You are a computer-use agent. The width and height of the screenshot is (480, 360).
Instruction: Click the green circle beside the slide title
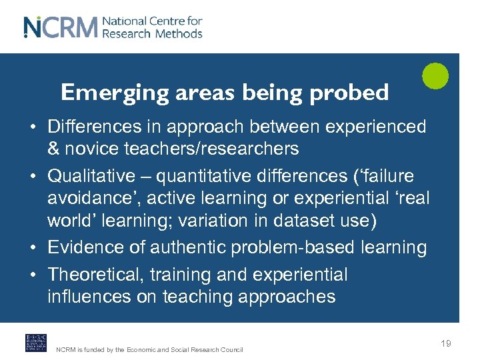pyautogui.click(x=435, y=75)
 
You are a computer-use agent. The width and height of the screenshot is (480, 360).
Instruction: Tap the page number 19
pyautogui.click(x=445, y=343)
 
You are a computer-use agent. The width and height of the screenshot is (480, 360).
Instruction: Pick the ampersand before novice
pyautogui.click(x=54, y=148)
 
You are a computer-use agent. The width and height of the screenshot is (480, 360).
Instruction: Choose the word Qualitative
pyautogui.click(x=91, y=176)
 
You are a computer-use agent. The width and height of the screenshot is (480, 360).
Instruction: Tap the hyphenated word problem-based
pyautogui.click(x=293, y=247)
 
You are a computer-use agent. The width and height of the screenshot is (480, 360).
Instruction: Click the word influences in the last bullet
pyautogui.click(x=89, y=297)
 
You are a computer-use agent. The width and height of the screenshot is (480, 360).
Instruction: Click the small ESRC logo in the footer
pyautogui.click(x=35, y=343)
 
